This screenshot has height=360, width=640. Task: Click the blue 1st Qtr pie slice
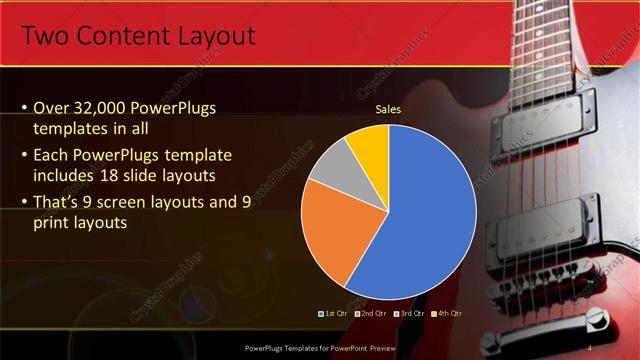point(425,215)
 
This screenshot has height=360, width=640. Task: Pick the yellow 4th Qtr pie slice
point(368,145)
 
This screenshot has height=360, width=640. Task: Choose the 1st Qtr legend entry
point(333,313)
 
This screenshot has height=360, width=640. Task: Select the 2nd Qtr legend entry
point(369,313)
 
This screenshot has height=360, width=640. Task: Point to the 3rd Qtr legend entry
point(408,313)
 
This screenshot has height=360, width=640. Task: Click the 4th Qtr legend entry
point(446,313)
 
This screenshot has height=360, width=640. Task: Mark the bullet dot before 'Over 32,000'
point(24,108)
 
